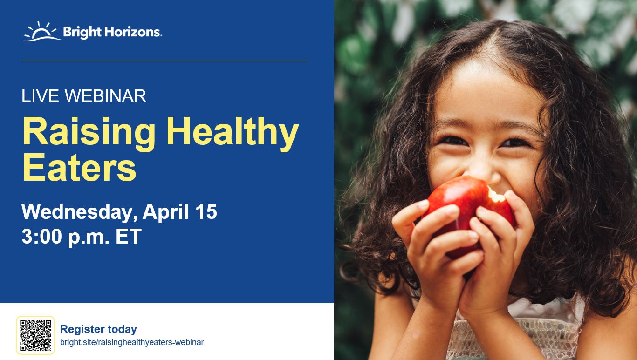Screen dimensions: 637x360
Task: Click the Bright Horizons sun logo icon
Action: [x=42, y=32]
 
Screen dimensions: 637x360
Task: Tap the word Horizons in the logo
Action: [x=133, y=32]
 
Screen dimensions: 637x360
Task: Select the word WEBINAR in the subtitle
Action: [x=105, y=96]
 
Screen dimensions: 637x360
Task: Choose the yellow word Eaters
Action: [x=80, y=167]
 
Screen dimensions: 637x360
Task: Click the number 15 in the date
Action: [x=206, y=212]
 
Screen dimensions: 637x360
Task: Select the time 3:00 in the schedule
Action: [x=42, y=236]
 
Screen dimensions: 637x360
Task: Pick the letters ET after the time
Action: [x=129, y=236]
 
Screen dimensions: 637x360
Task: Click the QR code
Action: [x=35, y=335]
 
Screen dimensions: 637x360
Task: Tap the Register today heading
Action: [x=98, y=329]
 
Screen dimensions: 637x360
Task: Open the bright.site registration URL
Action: [x=132, y=342]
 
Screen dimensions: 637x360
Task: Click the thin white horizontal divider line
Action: [x=165, y=60]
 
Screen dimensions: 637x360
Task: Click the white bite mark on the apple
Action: [x=496, y=195]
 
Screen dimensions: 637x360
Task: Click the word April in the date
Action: [x=165, y=212]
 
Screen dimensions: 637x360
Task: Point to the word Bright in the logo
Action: [x=82, y=32]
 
